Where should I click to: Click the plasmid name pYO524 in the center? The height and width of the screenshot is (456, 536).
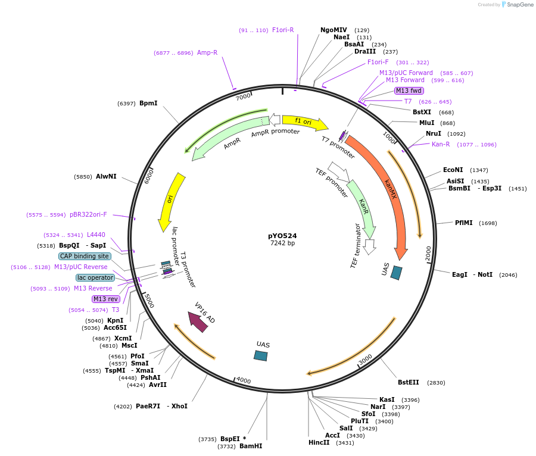282,236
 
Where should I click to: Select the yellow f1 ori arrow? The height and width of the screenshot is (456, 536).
304,122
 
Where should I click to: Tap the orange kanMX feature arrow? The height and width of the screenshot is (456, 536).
387,190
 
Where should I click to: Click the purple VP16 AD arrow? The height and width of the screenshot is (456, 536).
198,321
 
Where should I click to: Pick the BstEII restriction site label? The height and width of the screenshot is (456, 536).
409,382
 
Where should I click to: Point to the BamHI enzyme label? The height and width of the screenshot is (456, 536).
251,446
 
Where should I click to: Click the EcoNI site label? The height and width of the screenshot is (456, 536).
453,170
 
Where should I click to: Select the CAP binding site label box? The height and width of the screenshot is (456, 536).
85,256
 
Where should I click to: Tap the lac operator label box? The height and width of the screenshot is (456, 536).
95,277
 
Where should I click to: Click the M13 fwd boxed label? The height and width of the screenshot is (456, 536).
409,90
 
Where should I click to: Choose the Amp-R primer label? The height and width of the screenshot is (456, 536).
207,52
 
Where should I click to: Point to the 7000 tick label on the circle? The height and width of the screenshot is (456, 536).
243,96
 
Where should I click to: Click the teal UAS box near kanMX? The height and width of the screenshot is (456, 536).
396,273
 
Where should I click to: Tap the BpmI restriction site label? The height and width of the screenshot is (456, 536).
148,103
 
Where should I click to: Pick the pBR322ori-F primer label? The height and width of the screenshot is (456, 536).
88,214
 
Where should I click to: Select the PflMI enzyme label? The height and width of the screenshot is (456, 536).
463,223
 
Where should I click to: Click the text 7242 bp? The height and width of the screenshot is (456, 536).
282,243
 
